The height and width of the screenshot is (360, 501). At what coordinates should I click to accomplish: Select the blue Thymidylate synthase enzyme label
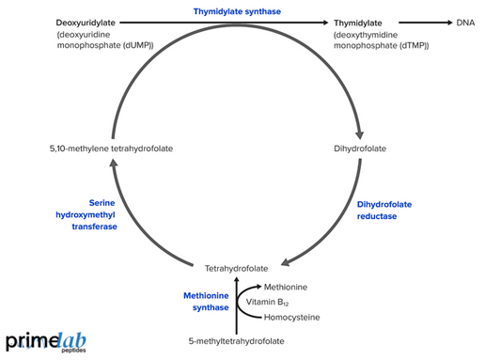pyautogui.click(x=243, y=11)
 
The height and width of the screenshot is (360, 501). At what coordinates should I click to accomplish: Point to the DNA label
pyautogui.click(x=465, y=23)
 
